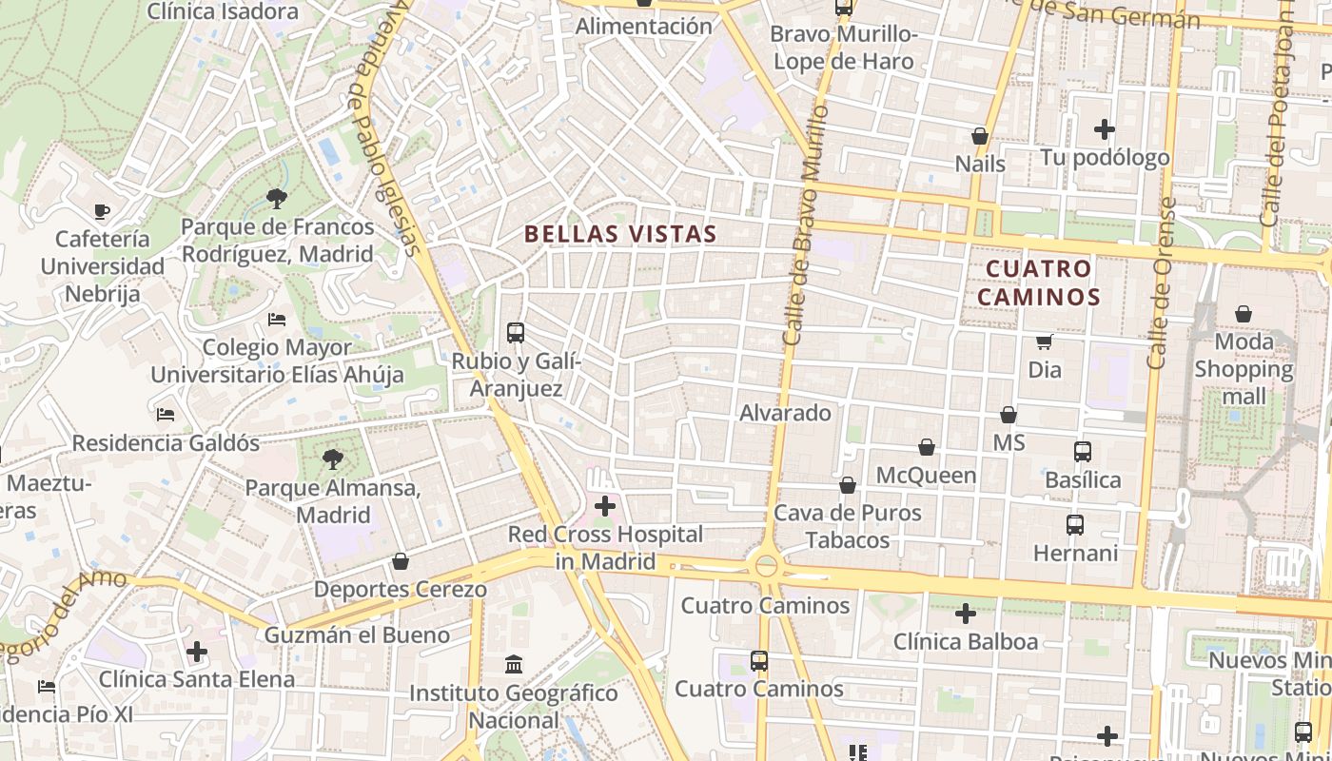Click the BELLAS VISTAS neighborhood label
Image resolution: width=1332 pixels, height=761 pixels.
[620, 234]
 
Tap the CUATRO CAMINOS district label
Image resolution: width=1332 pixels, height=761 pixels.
[1038, 283]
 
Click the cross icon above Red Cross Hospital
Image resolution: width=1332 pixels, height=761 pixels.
[605, 506]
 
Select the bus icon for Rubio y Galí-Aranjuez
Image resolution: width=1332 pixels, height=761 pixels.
[516, 333]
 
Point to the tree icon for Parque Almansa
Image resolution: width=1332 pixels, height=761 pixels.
[333, 460]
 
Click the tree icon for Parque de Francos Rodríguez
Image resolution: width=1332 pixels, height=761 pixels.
[277, 199]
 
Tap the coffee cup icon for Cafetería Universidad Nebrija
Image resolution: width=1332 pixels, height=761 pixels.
[102, 211]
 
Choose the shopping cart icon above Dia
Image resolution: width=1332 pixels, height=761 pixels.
[1045, 341]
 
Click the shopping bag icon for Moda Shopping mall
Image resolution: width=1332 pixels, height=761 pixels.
[1244, 314]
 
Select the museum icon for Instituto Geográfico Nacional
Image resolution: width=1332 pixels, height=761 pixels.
[514, 664]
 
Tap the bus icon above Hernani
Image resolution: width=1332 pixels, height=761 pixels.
[1075, 525]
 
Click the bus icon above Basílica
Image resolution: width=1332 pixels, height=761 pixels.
[1083, 452]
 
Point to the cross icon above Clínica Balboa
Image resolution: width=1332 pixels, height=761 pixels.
[966, 614]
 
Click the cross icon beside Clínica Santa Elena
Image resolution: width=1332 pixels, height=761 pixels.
[197, 652]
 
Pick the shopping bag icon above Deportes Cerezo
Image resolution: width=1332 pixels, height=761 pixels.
[401, 562]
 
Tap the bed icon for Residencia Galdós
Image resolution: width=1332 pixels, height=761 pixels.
[166, 415]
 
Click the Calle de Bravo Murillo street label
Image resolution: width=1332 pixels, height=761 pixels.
[805, 224]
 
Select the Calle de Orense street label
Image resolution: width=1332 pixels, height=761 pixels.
[1162, 283]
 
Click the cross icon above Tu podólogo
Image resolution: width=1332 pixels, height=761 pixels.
[1105, 128]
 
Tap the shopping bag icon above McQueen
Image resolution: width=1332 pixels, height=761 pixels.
[927, 447]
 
